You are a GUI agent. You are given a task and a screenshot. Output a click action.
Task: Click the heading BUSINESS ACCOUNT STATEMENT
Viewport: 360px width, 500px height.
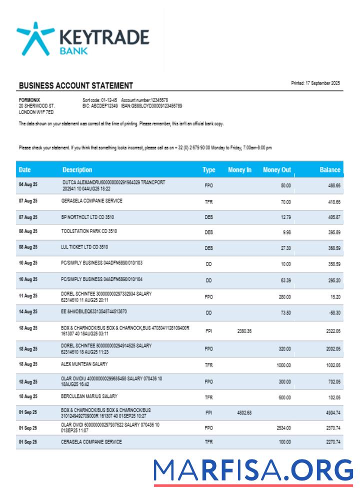click(x=76, y=85)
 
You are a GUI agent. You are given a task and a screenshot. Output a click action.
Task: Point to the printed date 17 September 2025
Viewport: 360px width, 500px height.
click(x=315, y=83)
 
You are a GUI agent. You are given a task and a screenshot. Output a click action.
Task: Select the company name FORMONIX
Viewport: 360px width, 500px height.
click(x=29, y=100)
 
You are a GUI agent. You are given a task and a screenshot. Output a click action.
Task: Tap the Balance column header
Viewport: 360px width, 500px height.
click(x=330, y=170)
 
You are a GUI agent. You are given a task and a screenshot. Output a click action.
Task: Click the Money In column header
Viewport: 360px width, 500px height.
click(x=239, y=170)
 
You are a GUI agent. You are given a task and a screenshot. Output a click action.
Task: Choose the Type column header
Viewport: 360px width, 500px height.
click(x=209, y=170)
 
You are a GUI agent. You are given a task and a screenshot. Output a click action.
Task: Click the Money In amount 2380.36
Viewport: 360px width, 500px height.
click(x=244, y=331)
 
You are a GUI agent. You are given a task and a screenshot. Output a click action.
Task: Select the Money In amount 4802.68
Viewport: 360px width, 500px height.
click(x=244, y=413)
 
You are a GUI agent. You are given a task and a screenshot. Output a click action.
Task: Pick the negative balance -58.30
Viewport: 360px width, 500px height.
click(x=334, y=312)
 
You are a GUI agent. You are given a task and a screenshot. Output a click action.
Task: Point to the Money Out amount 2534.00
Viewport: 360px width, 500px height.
click(x=283, y=428)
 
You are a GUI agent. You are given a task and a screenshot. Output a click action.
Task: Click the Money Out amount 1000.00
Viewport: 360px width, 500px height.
click(x=283, y=365)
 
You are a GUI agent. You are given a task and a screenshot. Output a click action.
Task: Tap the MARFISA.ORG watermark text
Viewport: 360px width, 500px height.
click(x=253, y=471)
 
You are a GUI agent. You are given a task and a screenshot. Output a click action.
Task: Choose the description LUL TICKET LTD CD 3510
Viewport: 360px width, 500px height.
click(x=84, y=247)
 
